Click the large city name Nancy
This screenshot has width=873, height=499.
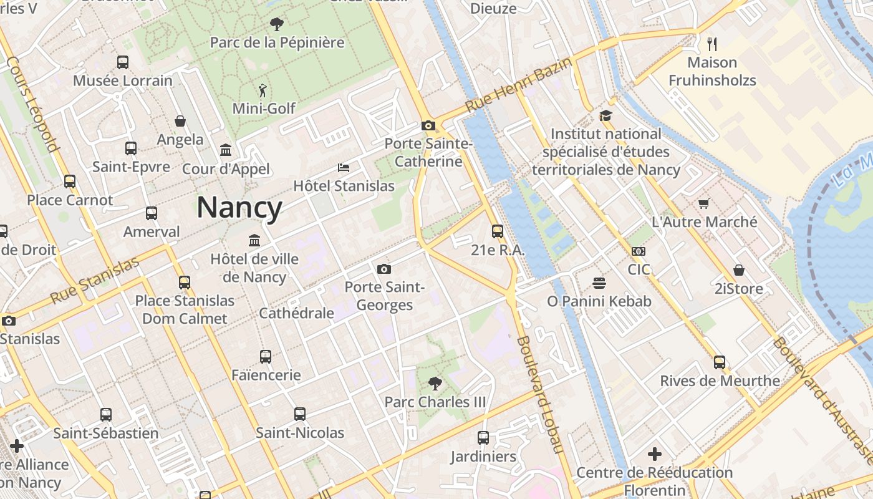pos(239,208)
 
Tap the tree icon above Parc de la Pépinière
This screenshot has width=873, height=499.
pos(277,24)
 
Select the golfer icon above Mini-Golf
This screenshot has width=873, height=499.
pos(263,90)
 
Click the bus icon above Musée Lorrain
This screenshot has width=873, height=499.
pos(123,62)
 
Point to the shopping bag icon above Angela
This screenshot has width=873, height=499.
pos(180,121)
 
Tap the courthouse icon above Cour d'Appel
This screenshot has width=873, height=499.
pos(226,150)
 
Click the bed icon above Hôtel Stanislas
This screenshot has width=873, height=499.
pos(344,168)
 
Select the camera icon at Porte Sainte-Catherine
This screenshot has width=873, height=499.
pos(428,125)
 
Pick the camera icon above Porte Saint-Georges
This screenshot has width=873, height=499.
pos(384,269)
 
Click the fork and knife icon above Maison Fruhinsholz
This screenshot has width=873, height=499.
pos(712,44)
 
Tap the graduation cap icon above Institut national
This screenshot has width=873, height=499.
pos(605,115)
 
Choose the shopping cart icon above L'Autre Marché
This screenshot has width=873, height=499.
pos(704,203)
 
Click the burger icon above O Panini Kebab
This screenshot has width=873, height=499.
pos(599,283)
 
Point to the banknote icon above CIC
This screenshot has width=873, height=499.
pos(639,251)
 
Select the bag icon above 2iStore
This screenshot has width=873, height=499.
pos(739,270)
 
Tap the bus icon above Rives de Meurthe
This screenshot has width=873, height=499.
pos(720,362)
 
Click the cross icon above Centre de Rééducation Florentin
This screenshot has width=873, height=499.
pos(655,454)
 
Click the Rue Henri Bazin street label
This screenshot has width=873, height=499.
pos(518,85)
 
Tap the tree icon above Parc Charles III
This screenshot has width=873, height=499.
pos(435,384)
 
